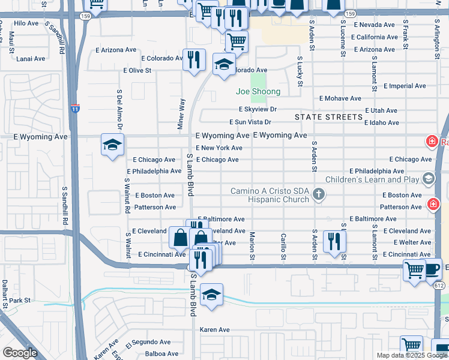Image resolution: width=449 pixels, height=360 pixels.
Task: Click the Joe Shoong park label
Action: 258,92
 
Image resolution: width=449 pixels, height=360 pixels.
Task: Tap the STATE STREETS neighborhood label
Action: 328,116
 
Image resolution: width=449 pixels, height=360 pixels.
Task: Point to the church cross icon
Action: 319,194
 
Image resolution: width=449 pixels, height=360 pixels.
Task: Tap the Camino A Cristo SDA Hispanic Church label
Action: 270,196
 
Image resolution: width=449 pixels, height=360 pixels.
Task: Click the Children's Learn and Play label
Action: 372,179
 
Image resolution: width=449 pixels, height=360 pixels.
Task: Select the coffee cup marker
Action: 433,269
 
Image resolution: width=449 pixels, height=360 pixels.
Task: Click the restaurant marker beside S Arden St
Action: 333,241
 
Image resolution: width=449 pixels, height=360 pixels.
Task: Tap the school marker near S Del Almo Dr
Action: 112,145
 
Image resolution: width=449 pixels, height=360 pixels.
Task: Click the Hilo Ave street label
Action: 26,23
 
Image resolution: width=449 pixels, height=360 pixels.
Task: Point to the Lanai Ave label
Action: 31,59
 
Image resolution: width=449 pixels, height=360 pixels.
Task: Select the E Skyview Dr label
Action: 258,110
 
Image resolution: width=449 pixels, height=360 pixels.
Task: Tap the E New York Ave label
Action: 219,148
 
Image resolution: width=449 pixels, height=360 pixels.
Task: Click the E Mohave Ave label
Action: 340,98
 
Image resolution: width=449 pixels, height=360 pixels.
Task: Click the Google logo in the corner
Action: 20,353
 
